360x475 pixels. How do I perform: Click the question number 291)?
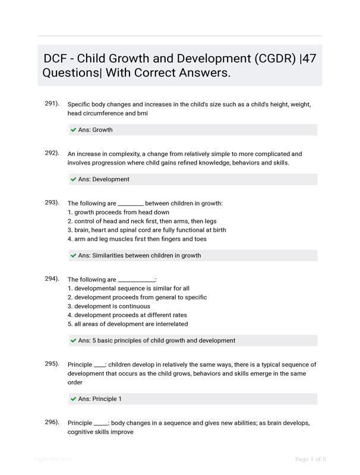[52, 104]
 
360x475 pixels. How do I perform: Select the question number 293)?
[52, 202]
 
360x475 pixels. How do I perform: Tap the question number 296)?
[52, 422]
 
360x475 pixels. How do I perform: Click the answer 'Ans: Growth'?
[95, 130]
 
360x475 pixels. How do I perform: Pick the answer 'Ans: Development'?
[103, 179]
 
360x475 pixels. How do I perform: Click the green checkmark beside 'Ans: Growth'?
[74, 130]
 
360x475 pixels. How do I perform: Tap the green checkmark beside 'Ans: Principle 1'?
[74, 399]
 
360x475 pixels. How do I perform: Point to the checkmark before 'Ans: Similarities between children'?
[74, 256]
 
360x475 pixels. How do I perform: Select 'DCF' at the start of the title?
[56, 59]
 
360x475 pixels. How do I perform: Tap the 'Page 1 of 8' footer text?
[311, 459]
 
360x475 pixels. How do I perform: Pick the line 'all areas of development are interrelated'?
[128, 324]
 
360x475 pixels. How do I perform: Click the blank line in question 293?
[131, 204]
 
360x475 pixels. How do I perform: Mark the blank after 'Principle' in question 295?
[100, 366]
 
